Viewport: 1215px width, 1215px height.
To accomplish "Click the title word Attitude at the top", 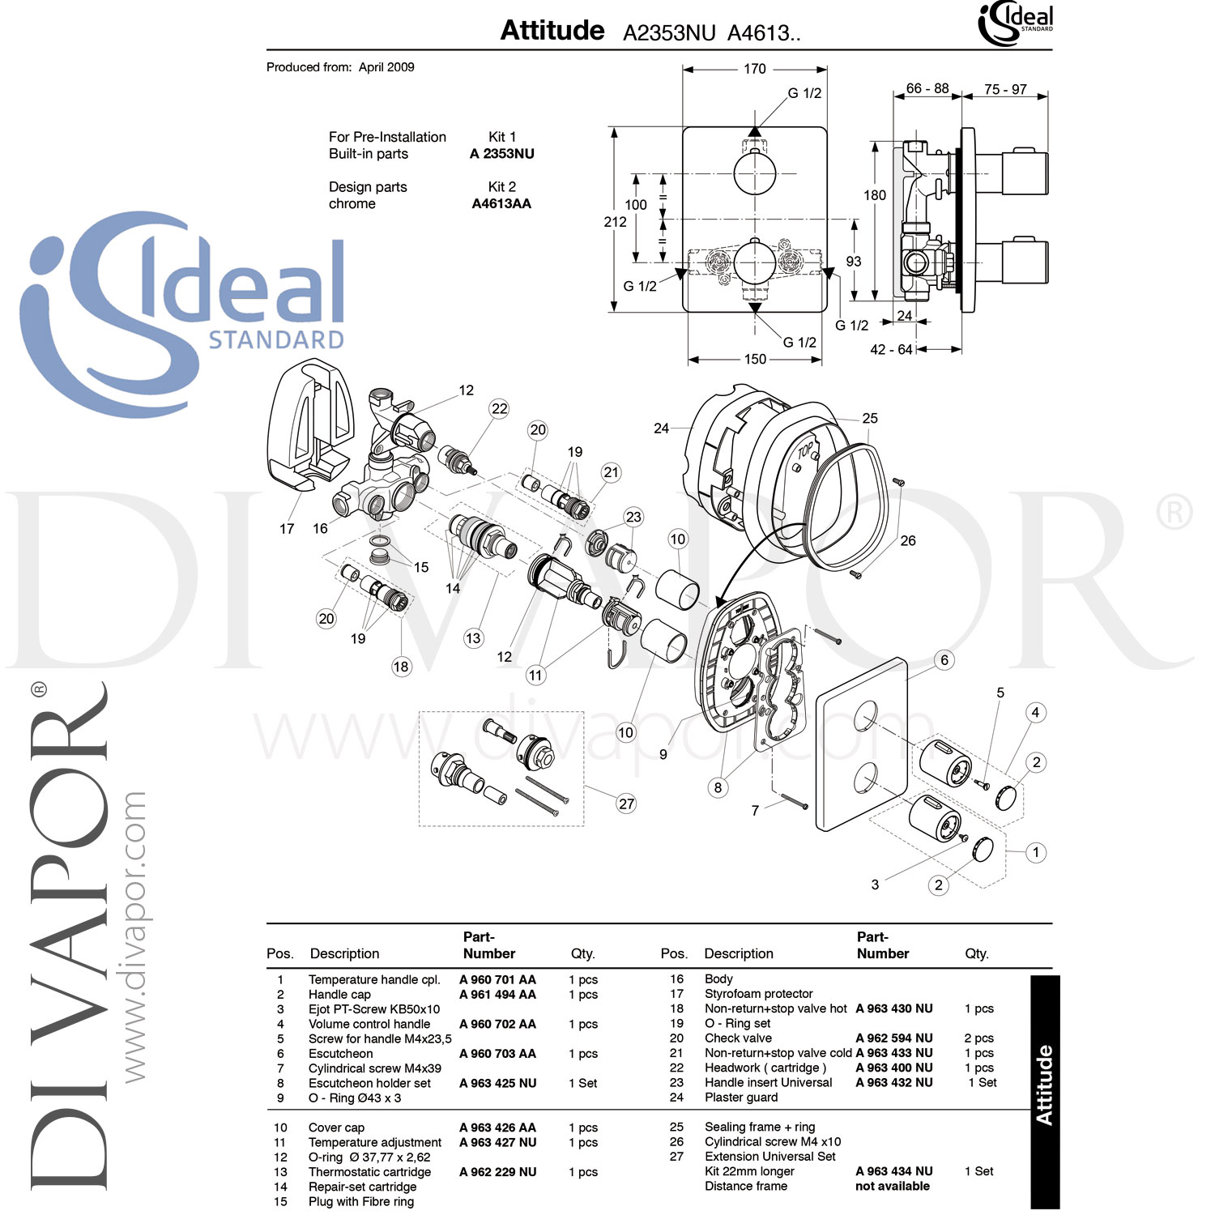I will pyautogui.click(x=552, y=31).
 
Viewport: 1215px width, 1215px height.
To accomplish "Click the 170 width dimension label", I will pyautogui.click(x=754, y=69).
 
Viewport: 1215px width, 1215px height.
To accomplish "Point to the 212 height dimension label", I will pyautogui.click(x=615, y=222).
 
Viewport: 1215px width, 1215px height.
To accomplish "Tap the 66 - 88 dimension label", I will pyautogui.click(x=927, y=88).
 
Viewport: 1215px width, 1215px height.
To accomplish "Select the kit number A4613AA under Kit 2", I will pyautogui.click(x=501, y=204).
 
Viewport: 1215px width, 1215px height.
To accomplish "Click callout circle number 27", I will pyautogui.click(x=626, y=804).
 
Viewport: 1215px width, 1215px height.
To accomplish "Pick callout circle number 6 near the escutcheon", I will pyautogui.click(x=944, y=660).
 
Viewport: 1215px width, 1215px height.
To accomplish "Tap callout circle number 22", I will pyautogui.click(x=500, y=409).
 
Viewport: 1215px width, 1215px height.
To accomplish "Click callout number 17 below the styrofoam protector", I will pyautogui.click(x=287, y=529).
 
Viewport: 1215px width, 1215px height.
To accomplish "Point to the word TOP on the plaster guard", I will pyautogui.click(x=805, y=451).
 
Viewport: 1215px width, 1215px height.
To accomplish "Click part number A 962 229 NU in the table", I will pyautogui.click(x=497, y=1172).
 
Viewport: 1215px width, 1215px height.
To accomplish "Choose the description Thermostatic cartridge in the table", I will pyautogui.click(x=369, y=1172).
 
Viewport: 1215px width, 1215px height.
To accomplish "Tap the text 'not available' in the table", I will pyautogui.click(x=892, y=1187).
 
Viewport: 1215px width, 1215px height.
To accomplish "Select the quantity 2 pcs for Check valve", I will pyautogui.click(x=978, y=1038).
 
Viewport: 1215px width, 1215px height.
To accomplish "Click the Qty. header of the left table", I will pyautogui.click(x=582, y=954).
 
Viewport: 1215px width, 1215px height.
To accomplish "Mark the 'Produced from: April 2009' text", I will pyautogui.click(x=340, y=67).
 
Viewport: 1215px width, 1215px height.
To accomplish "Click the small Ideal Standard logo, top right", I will pyautogui.click(x=1016, y=23).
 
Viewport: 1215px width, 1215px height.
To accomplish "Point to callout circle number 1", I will pyautogui.click(x=1035, y=852).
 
